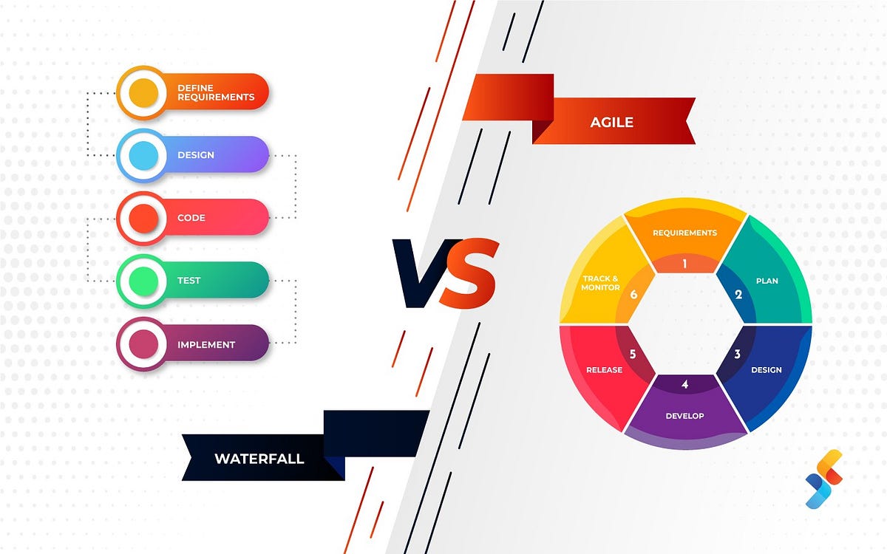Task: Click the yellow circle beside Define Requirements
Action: click(143, 92)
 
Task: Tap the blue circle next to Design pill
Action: click(143, 155)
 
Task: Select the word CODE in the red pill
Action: click(191, 218)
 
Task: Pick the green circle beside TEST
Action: click(143, 281)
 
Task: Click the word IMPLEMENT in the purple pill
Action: click(206, 344)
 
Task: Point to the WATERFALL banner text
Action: click(259, 459)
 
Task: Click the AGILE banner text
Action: click(611, 123)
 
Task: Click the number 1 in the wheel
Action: click(684, 263)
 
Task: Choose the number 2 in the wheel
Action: click(738, 294)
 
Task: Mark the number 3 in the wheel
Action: click(737, 354)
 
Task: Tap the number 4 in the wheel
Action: click(684, 384)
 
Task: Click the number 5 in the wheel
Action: click(633, 354)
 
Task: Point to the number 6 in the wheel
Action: click(633, 294)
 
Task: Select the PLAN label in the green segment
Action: click(767, 281)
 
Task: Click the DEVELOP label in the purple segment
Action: click(684, 416)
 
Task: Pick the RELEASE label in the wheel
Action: click(604, 369)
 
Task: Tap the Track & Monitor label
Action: click(601, 283)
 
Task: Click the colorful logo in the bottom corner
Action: click(823, 479)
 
